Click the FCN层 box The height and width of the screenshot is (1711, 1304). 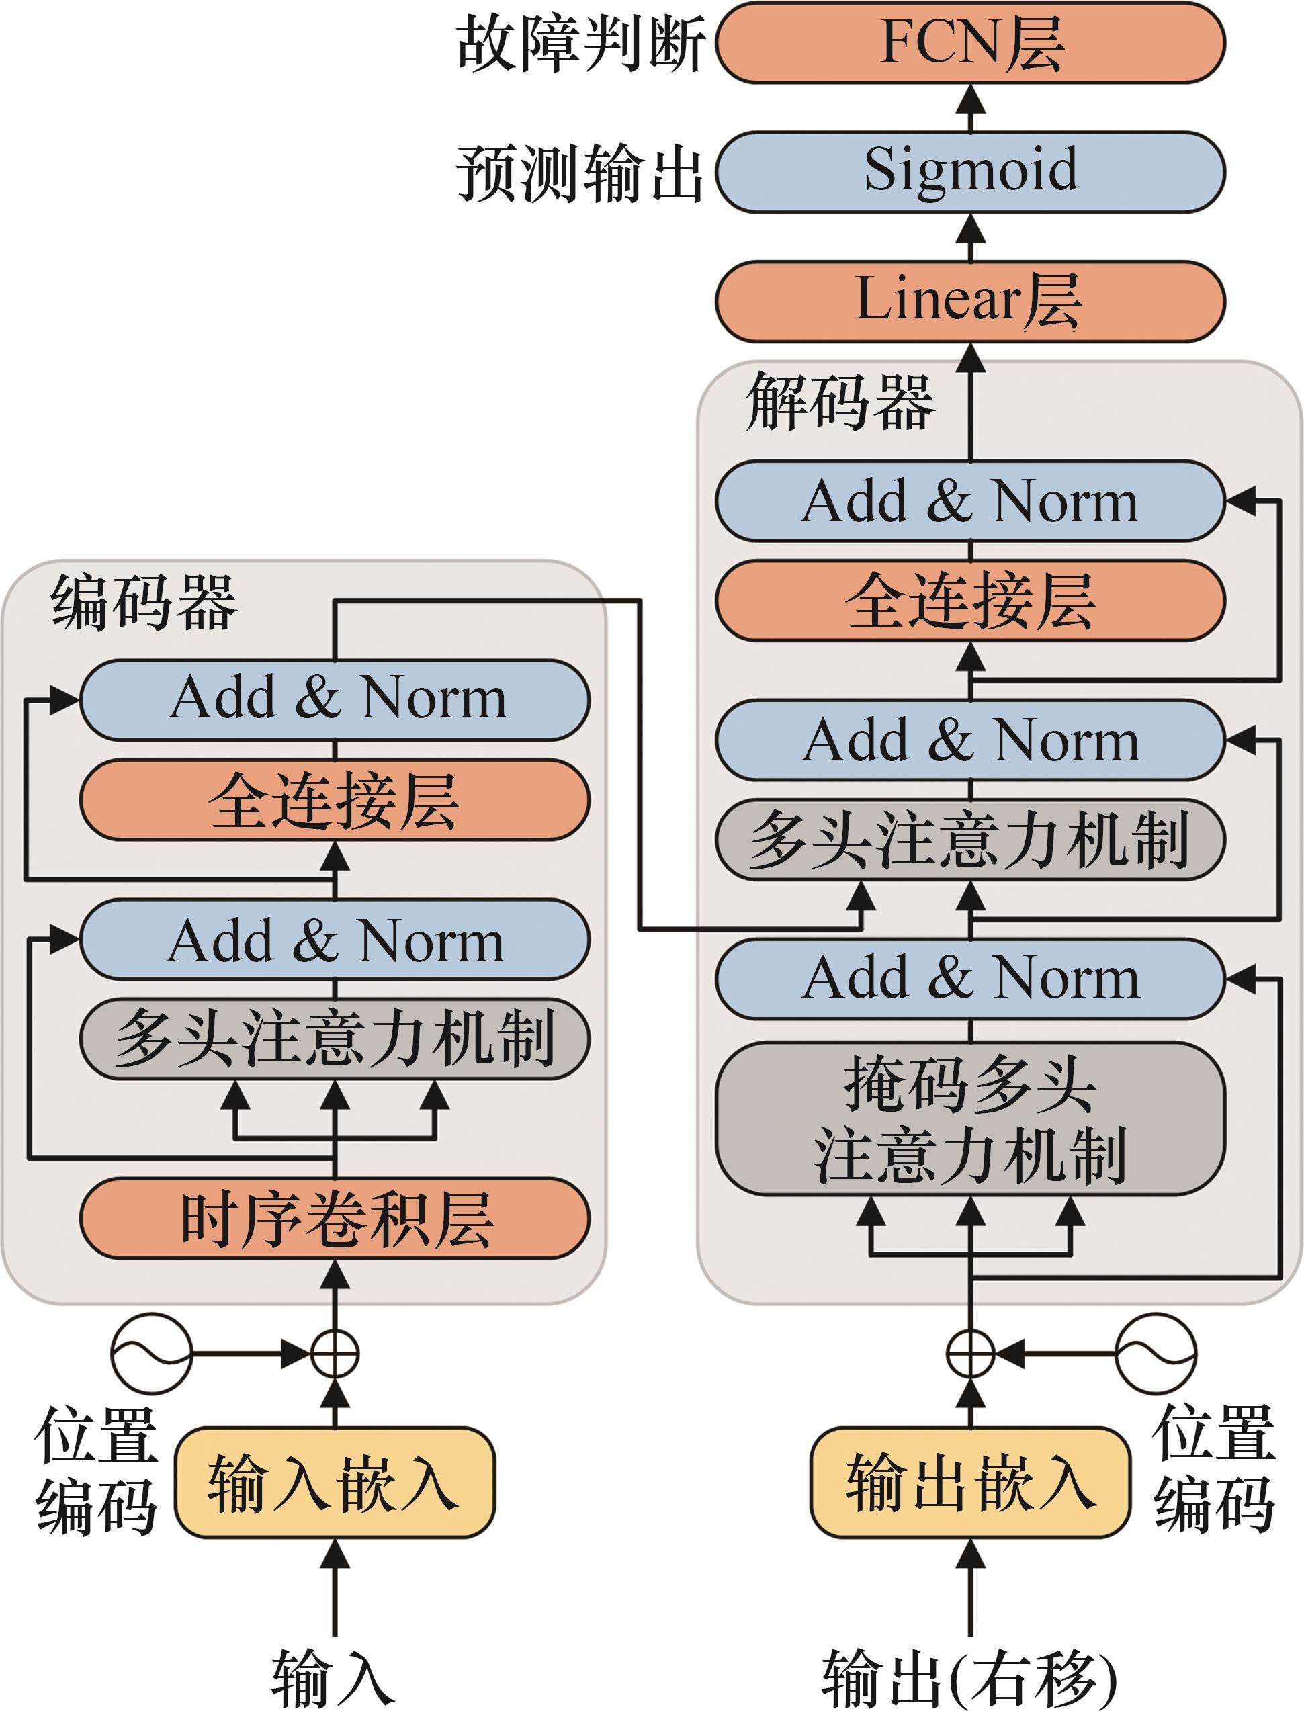click(x=970, y=43)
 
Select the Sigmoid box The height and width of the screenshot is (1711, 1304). click(x=970, y=171)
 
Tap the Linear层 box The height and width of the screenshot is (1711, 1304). click(x=970, y=301)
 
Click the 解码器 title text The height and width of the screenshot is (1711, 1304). click(x=840, y=402)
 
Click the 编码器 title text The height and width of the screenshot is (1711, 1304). click(x=144, y=601)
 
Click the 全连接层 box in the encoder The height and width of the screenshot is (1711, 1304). click(x=335, y=800)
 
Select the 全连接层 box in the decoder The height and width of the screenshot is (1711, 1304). click(x=970, y=601)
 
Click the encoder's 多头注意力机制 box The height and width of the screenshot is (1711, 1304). click(x=335, y=1039)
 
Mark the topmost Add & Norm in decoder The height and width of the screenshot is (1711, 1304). click(x=970, y=501)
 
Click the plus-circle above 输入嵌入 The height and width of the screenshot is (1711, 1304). click(x=335, y=1355)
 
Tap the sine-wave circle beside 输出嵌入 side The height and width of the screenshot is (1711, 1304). click(x=1156, y=1354)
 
